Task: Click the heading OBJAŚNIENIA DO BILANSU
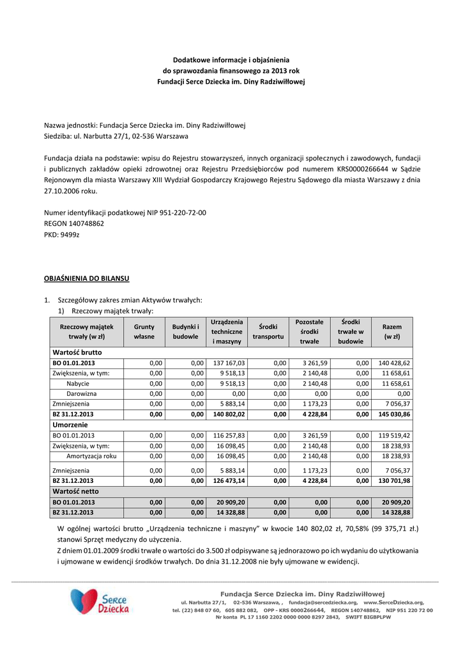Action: pyautogui.click(x=86, y=279)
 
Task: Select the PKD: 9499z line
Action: pyautogui.click(x=62, y=235)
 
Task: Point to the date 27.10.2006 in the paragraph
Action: pyautogui.click(x=60, y=191)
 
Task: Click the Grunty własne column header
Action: pyautogui.click(x=144, y=331)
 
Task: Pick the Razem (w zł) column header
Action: pyautogui.click(x=391, y=331)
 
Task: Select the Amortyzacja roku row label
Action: pyautogui.click(x=91, y=456)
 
